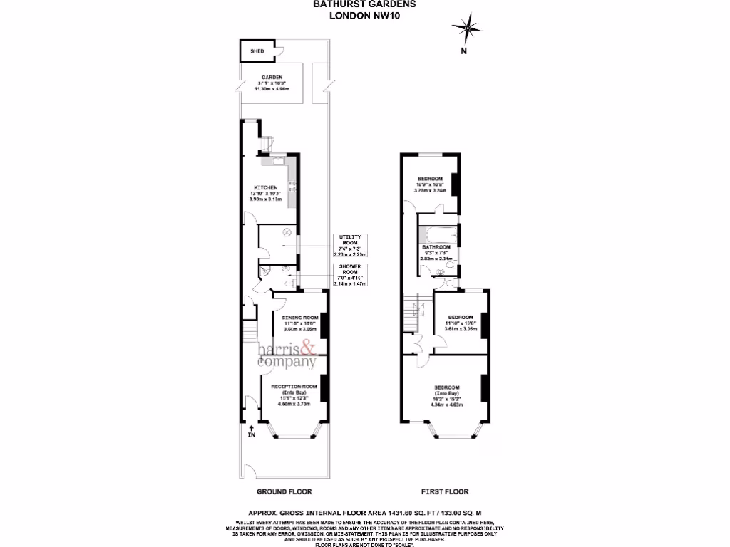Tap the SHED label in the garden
coord(257,51)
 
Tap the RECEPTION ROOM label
coord(289,387)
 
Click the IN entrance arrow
coord(250,427)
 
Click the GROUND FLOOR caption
coord(284,491)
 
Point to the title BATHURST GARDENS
coord(364,4)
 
